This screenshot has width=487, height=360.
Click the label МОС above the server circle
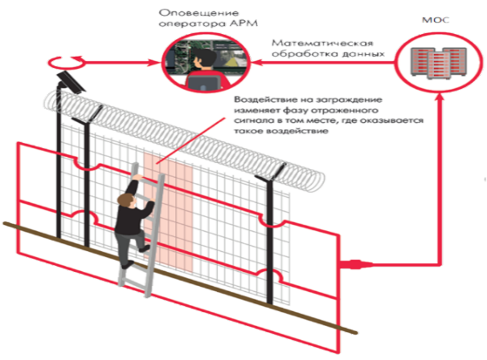point(436,20)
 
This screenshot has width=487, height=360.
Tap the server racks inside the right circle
point(438,63)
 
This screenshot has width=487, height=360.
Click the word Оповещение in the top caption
point(200,13)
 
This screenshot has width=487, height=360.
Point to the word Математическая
point(322,43)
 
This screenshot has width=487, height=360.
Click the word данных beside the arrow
point(363,53)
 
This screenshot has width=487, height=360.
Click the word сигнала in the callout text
point(252,120)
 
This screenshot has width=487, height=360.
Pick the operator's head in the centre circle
point(204,60)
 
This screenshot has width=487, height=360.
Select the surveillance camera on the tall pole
point(71,82)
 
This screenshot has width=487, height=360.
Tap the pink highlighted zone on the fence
point(168,212)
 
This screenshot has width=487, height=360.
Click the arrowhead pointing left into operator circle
point(256,62)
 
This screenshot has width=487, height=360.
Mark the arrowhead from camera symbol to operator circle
point(155,62)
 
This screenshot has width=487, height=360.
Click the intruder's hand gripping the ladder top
point(139,178)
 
